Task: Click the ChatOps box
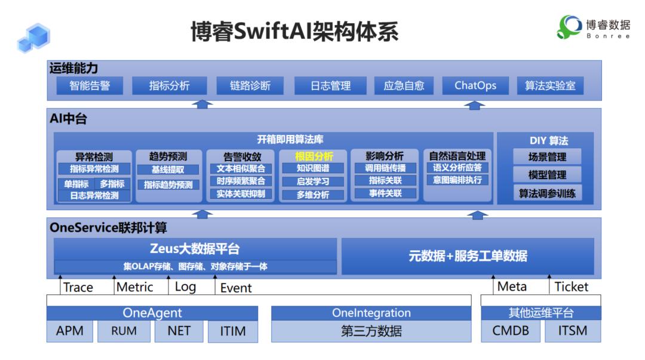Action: tap(475, 85)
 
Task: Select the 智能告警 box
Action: tap(90, 85)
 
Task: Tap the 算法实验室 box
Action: tap(550, 85)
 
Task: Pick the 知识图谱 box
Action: tap(312, 168)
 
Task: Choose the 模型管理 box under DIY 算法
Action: tap(547, 175)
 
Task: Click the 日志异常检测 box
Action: tap(94, 195)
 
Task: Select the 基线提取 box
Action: tap(168, 170)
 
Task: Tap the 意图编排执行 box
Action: tap(457, 180)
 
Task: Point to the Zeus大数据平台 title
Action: tap(195, 248)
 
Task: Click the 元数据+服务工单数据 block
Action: tap(468, 256)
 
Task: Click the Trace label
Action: tap(78, 287)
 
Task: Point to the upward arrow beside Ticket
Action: tap(550, 285)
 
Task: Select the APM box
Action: tap(70, 331)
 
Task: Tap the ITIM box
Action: tap(232, 331)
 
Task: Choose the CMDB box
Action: tap(511, 331)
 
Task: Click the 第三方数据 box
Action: tap(371, 331)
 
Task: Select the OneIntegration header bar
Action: tap(371, 313)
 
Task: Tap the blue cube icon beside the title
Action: tap(33, 38)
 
